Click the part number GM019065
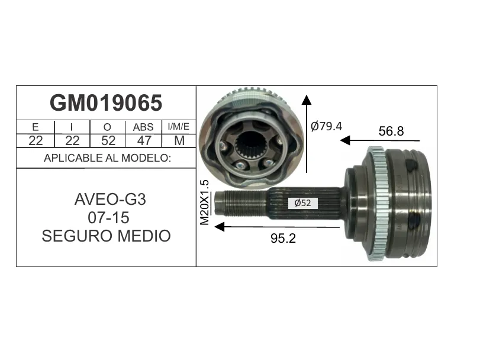tap(106, 103)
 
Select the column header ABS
tap(143, 127)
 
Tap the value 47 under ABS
tap(144, 141)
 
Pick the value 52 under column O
tap(108, 141)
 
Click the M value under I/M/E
tap(179, 141)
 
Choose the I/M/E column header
tap(179, 127)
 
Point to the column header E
tap(35, 127)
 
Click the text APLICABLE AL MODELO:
tap(107, 158)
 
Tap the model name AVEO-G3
tap(110, 200)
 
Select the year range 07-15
tap(109, 218)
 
